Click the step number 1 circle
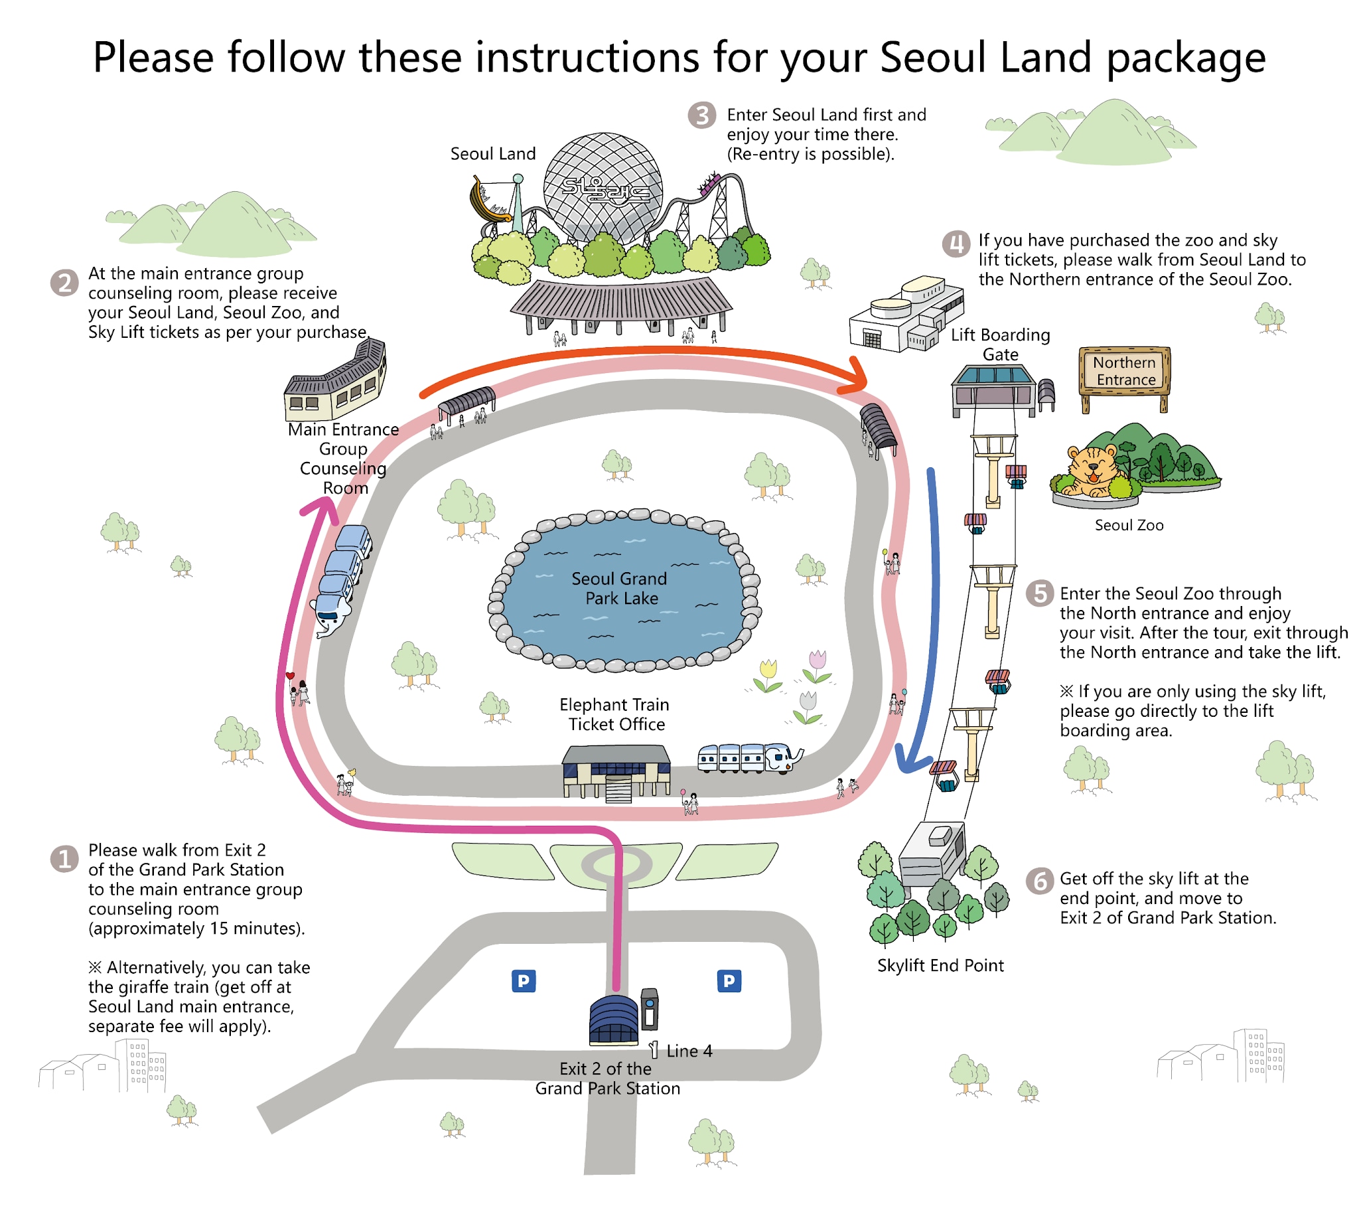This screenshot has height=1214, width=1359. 64,859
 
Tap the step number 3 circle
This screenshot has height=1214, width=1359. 701,115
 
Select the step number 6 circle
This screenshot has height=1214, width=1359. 1039,881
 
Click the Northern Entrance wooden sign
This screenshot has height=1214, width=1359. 1124,371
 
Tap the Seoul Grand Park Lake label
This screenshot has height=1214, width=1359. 620,588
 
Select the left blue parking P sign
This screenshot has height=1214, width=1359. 524,980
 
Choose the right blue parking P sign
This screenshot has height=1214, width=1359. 729,980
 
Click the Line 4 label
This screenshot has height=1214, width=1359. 689,1051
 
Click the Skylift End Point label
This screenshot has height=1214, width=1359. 940,965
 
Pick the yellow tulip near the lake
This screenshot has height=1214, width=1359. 768,674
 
